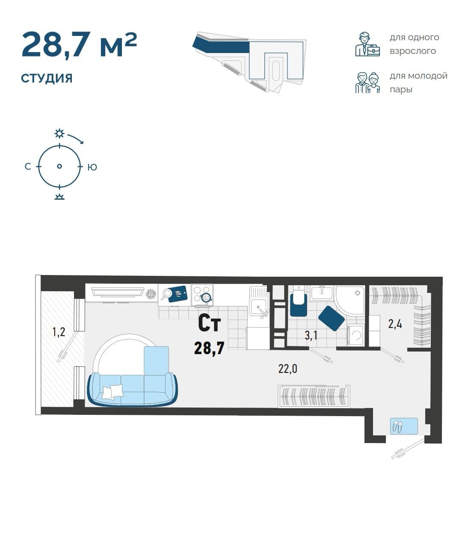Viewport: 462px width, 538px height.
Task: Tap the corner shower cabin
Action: pyautogui.click(x=350, y=300)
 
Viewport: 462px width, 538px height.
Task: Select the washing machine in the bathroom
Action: pyautogui.click(x=355, y=335)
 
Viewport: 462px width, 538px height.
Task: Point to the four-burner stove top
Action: pyautogui.click(x=202, y=295)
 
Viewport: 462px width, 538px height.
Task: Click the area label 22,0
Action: pyautogui.click(x=287, y=369)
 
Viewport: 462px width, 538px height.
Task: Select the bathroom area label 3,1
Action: pyautogui.click(x=311, y=336)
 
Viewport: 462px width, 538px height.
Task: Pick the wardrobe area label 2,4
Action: pyautogui.click(x=395, y=324)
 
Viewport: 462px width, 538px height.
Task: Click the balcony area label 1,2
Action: pyautogui.click(x=59, y=332)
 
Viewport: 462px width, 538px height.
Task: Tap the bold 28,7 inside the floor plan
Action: pyautogui.click(x=209, y=349)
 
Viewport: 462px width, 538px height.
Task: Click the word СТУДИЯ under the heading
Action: pyautogui.click(x=47, y=78)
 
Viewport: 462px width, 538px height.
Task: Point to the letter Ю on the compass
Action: pyautogui.click(x=92, y=167)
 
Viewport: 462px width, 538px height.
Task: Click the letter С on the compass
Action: pyautogui.click(x=28, y=167)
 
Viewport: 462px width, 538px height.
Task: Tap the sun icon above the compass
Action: pyautogui.click(x=59, y=133)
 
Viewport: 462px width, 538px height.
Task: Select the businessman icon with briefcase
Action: pyautogui.click(x=367, y=44)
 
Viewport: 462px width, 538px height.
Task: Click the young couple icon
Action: pyautogui.click(x=367, y=83)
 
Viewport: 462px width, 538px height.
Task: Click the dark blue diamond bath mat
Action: pyautogui.click(x=332, y=318)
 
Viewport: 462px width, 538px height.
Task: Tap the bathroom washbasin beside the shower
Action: pyautogui.click(x=322, y=293)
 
